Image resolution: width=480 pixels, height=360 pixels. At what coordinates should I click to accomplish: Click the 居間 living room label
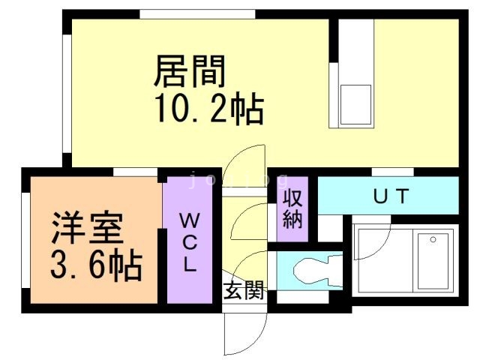pos(189,72)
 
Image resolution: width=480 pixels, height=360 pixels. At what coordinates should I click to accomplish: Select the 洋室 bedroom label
pos(87,227)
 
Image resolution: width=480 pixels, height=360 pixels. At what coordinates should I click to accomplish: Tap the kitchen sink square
pos(356,103)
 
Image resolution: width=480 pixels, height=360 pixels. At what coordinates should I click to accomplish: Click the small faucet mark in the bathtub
pos(432,240)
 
